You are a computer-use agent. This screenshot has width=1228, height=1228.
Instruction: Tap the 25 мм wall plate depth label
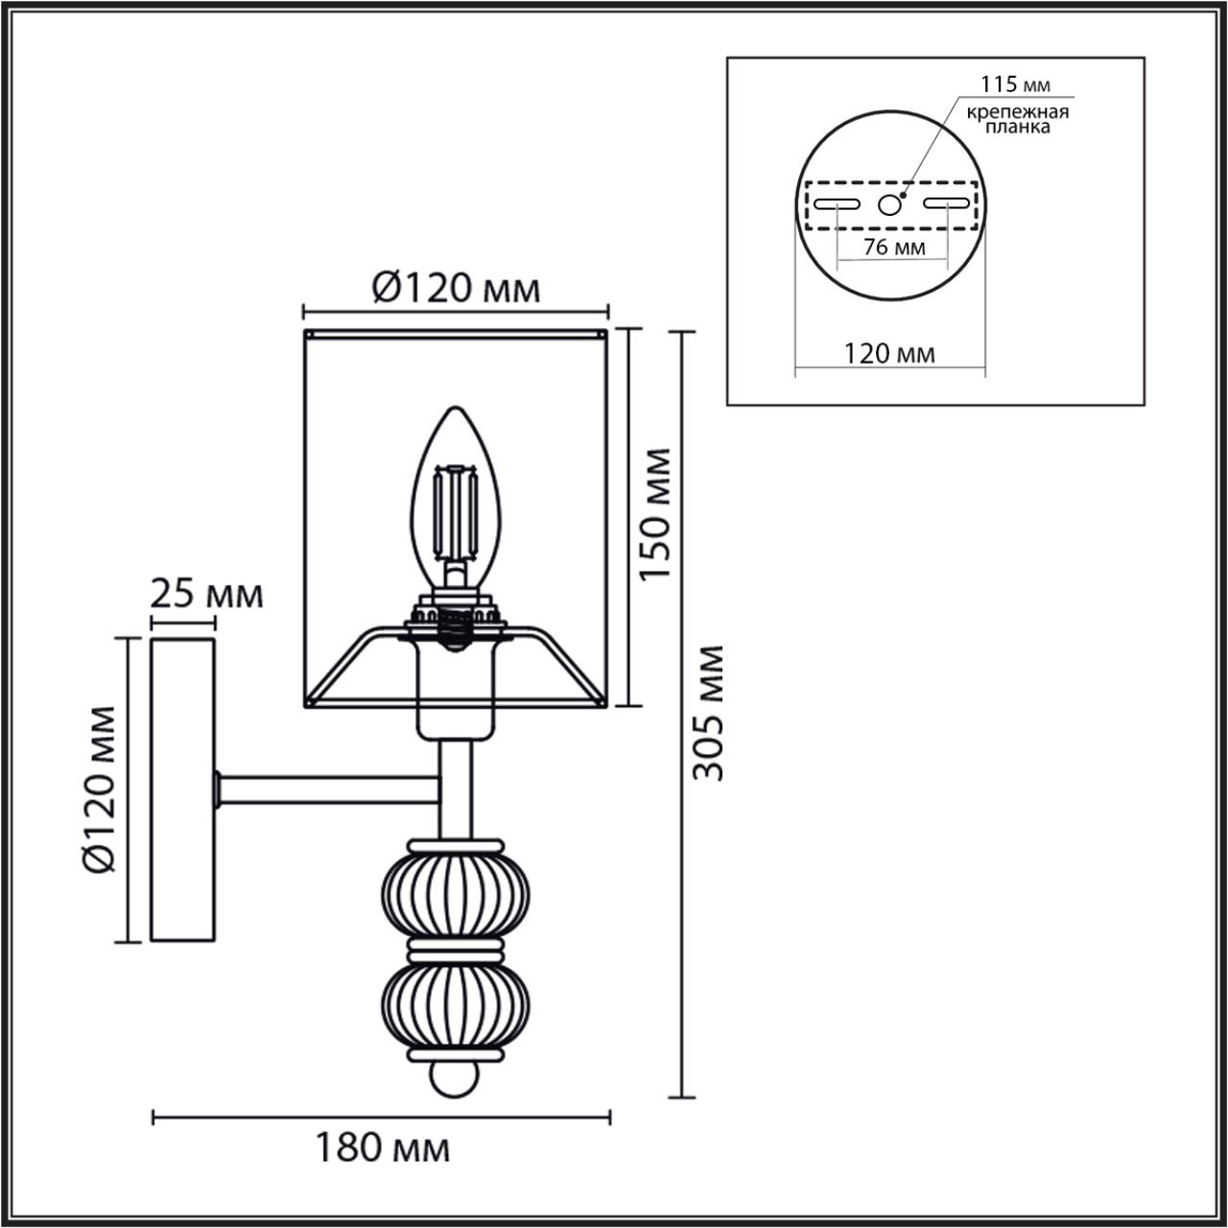click(x=206, y=595)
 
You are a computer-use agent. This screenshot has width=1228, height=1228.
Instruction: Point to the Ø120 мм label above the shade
click(x=456, y=287)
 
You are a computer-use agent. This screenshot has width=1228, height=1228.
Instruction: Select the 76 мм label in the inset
click(x=894, y=247)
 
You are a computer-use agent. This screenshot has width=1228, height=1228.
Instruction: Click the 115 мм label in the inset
click(x=1007, y=85)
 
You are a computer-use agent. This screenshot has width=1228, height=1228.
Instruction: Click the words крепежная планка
click(x=1017, y=119)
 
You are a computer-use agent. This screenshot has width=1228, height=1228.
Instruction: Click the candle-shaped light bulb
click(x=455, y=499)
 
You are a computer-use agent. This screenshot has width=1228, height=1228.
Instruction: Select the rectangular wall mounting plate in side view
click(x=183, y=789)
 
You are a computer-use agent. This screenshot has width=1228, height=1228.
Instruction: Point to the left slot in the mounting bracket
click(x=837, y=203)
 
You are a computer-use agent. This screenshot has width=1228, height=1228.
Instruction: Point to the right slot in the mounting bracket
click(x=946, y=203)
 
